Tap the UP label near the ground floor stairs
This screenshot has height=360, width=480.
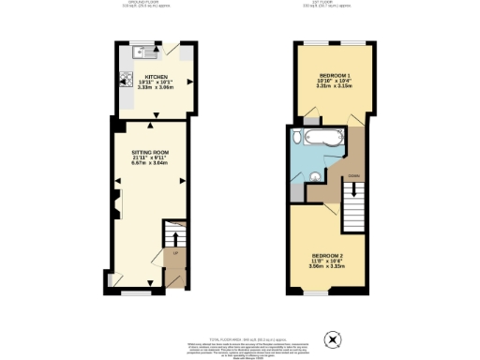[x=175, y=252]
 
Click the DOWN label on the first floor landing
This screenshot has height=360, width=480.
[x=353, y=174]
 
